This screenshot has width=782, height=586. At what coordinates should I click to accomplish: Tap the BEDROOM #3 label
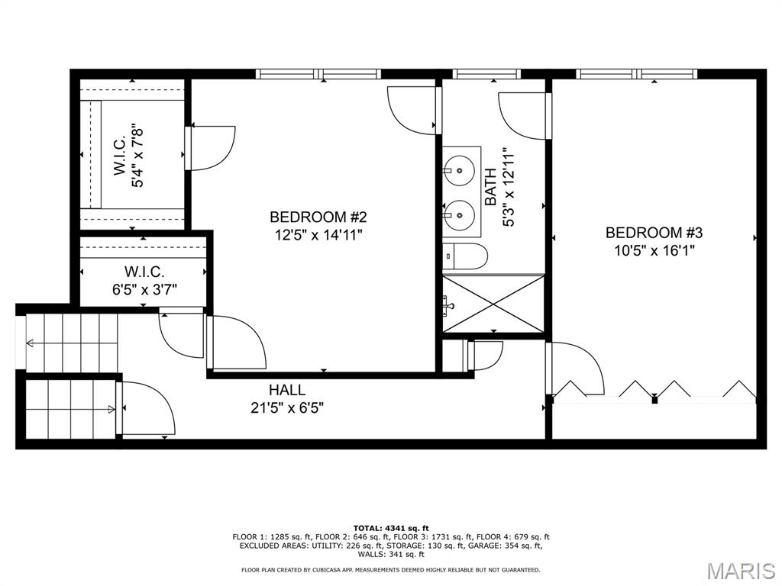(x=653, y=233)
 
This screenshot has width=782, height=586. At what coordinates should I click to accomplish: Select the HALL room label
(x=286, y=390)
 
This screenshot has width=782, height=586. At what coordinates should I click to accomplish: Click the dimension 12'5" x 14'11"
(x=318, y=235)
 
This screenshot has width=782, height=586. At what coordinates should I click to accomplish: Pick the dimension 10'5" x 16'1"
(x=653, y=250)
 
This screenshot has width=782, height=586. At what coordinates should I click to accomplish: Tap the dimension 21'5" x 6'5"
(x=287, y=407)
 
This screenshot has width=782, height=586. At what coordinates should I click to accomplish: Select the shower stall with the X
(x=493, y=304)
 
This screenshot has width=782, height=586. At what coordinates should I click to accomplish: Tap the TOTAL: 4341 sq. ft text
(x=391, y=528)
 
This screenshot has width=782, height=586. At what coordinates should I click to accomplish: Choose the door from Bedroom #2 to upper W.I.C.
(x=211, y=147)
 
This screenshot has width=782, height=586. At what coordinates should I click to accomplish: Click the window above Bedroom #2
(x=319, y=74)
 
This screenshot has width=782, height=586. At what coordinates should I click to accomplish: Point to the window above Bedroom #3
(x=637, y=74)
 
